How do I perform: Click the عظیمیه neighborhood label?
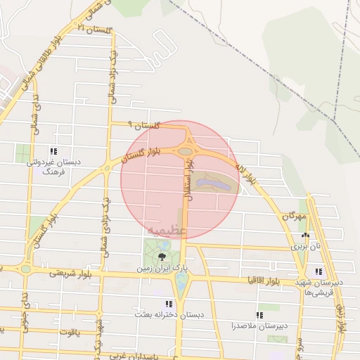coord(167,230)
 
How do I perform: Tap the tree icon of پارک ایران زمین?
coord(162,256)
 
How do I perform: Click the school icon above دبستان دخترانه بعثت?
coord(168,304)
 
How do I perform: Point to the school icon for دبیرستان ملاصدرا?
coord(259,315)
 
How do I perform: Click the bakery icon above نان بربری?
coord(304,236)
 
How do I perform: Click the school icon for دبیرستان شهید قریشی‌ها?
coord(319,271)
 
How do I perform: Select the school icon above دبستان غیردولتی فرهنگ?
coord(53,151)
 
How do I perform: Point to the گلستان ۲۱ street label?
coord(95,27)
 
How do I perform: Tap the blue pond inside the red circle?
coord(210,184)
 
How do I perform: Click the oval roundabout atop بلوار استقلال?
coord(186,150)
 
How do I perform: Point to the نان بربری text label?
coord(307,247)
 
